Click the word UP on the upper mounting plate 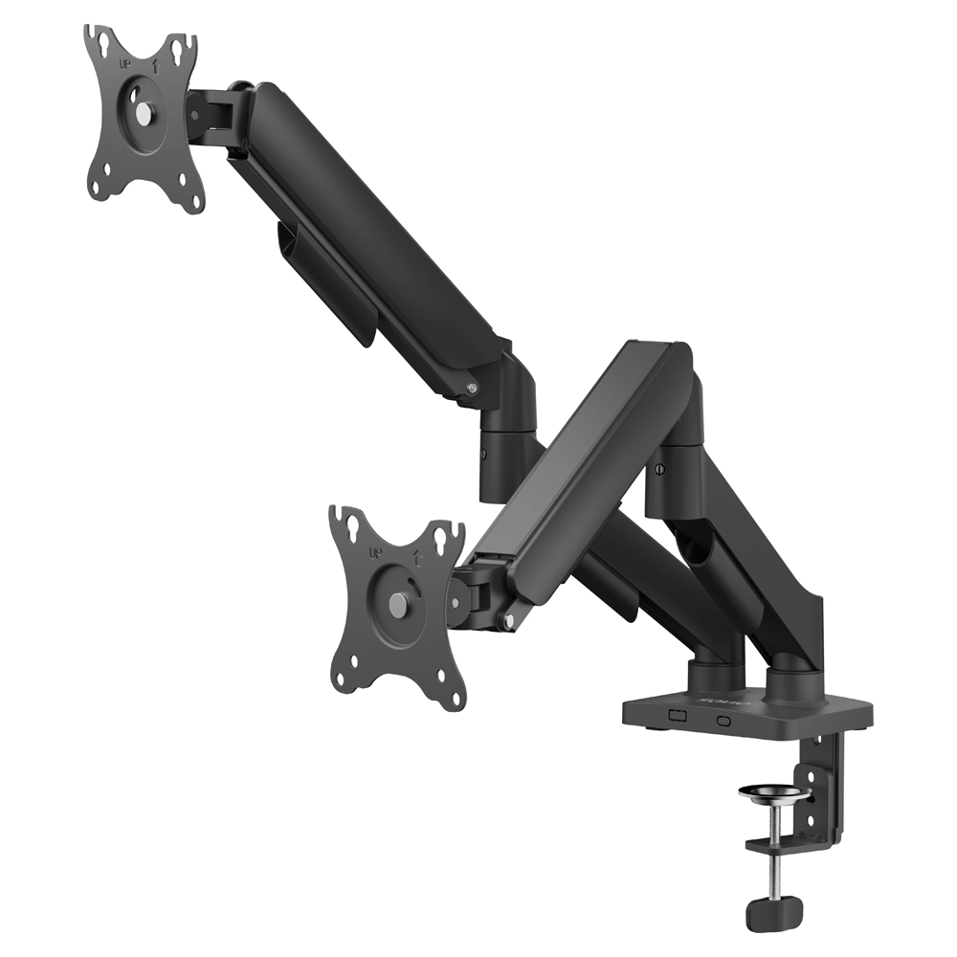click(122, 64)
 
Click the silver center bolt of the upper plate click(143, 113)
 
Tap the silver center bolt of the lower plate click(397, 604)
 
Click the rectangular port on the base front click(678, 715)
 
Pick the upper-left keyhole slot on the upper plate click(98, 40)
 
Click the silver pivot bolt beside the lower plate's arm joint click(508, 623)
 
